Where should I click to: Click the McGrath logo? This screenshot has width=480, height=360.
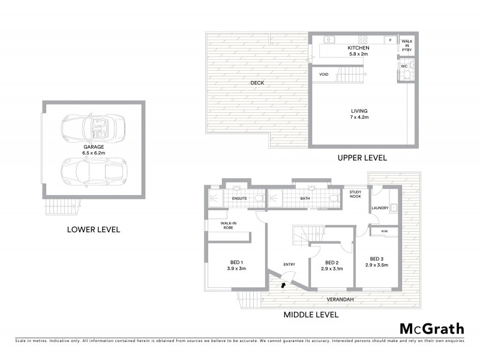pyautogui.click(x=431, y=328)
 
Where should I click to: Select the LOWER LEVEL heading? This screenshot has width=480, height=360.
pyautogui.click(x=94, y=229)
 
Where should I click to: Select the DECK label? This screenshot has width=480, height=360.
pyautogui.click(x=257, y=83)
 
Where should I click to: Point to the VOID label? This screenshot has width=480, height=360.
pyautogui.click(x=324, y=74)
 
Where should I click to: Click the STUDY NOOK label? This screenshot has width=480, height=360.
pyautogui.click(x=357, y=195)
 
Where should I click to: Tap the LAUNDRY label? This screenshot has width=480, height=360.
pyautogui.click(x=380, y=208)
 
